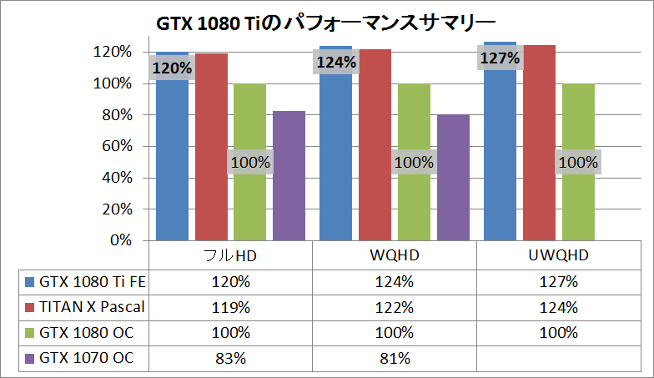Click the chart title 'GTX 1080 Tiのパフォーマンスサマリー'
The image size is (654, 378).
tap(325, 23)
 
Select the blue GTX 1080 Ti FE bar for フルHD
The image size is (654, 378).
tap(172, 146)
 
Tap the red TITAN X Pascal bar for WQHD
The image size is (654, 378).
tap(375, 145)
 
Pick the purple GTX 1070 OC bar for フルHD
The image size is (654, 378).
tap(289, 175)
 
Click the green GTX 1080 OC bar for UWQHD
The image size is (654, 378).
tap(579, 162)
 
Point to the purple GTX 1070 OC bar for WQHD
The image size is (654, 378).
tap(454, 177)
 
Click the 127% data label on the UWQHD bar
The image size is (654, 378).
tap(501, 58)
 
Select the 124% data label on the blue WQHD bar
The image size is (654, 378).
tap(336, 63)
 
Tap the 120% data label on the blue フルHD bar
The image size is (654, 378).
tap(172, 68)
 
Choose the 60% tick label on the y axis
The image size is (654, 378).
tap(117, 146)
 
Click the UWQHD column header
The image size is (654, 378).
tap(559, 255)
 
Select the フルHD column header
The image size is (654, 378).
tap(230, 255)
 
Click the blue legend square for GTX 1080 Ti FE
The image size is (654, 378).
tap(30, 282)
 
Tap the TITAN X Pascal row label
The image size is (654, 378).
tap(92, 307)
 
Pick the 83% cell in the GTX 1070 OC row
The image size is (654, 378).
tap(230, 359)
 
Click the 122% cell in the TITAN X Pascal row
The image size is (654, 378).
tap(394, 307)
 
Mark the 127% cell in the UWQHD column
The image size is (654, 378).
tap(559, 282)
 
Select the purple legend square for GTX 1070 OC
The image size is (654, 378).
tap(30, 359)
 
